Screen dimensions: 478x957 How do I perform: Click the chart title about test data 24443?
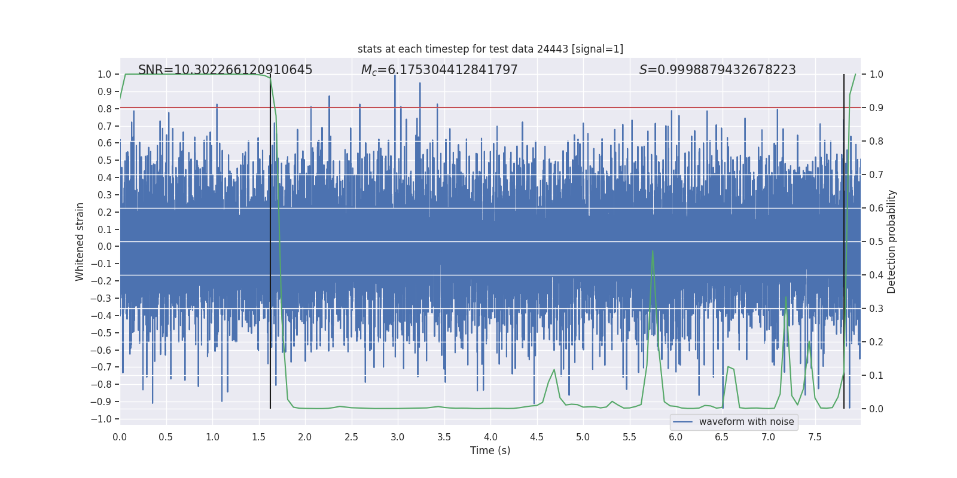490,49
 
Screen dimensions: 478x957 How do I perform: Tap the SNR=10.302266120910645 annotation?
225,70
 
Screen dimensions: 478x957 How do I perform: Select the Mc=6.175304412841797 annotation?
439,70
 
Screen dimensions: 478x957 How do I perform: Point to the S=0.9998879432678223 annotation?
717,70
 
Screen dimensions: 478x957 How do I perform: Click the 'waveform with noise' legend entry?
746,422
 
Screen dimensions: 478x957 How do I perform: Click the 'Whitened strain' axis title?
80,241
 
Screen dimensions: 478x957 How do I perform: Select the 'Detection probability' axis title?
891,241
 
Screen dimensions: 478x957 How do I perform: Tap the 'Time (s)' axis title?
490,451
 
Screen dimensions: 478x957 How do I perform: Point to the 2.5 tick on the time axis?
351,437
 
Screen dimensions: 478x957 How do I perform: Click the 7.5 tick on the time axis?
815,437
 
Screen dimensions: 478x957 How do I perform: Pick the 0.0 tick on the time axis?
120,437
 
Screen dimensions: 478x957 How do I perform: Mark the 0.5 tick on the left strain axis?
105,160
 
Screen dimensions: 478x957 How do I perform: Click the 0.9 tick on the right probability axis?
876,108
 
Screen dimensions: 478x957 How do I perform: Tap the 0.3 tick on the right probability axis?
876,309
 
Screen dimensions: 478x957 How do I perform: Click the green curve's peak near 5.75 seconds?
653,251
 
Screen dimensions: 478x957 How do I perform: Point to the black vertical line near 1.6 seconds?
270,239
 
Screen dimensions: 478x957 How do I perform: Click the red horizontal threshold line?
490,108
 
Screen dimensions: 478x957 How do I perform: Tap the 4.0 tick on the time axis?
490,437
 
